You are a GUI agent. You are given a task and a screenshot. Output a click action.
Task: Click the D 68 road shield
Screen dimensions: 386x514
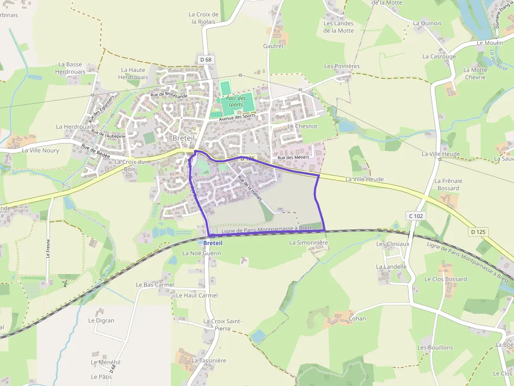tap(206, 60)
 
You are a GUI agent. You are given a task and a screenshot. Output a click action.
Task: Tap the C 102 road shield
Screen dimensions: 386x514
tap(415, 216)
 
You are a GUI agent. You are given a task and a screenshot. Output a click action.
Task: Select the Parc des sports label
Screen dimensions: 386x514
tap(236, 101)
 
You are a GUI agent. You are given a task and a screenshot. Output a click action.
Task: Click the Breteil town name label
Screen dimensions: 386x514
tap(184, 138)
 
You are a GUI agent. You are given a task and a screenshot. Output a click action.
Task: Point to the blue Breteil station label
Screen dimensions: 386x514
tap(212, 243)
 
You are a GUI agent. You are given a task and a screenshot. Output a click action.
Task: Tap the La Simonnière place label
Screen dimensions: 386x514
tap(308, 243)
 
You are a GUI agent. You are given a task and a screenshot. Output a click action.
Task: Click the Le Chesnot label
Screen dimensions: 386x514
tap(303, 126)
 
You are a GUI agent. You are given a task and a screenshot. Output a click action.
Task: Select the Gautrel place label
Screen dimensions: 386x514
tap(273, 46)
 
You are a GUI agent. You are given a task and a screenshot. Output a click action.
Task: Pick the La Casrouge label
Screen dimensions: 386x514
tap(439, 57)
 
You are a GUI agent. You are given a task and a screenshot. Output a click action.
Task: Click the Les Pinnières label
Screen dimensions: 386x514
tap(342, 67)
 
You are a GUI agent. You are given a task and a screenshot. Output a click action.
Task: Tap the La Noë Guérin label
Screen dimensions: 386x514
tap(202, 253)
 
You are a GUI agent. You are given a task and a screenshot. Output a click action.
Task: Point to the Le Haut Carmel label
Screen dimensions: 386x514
tap(197, 295)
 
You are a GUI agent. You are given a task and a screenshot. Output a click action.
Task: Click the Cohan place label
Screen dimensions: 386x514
tap(357, 318)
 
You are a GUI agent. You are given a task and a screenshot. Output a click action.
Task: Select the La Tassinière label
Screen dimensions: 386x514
tap(209, 361)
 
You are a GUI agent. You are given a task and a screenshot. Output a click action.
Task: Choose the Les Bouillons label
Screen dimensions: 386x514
tap(435, 348)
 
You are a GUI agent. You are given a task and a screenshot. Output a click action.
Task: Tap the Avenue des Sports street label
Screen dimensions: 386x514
tap(241, 118)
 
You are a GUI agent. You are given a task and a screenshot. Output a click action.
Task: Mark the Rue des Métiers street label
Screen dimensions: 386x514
tap(293, 158)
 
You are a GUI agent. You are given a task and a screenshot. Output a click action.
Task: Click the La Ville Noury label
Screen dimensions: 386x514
tap(40, 150)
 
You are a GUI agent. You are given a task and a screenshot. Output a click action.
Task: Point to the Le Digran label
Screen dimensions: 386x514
tap(101, 321)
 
